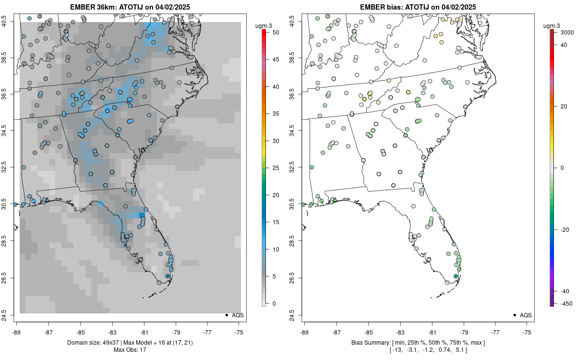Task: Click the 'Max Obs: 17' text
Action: point(130,349)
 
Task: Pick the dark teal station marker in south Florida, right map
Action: point(456,276)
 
